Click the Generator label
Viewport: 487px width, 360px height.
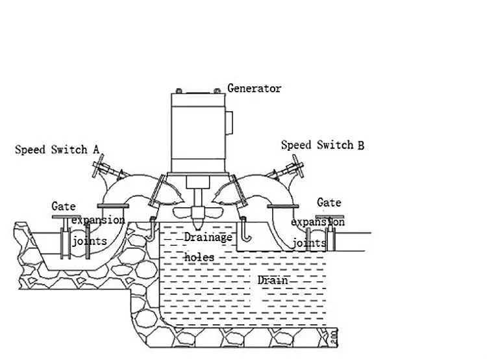254,88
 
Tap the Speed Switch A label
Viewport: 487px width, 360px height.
57,150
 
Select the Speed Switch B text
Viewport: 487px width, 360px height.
322,145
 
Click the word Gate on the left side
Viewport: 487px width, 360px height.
64,207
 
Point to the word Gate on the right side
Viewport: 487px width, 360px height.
329,203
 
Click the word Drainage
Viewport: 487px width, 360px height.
207,238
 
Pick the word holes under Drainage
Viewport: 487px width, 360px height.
199,257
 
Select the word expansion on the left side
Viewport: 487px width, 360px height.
97,220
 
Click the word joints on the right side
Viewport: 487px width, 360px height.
308,243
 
